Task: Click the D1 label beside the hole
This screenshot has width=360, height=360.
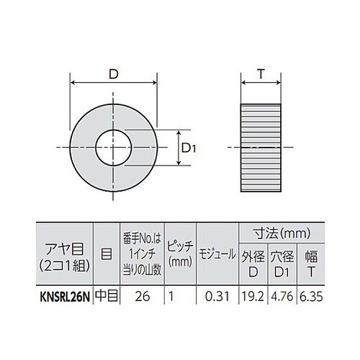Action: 189,148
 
